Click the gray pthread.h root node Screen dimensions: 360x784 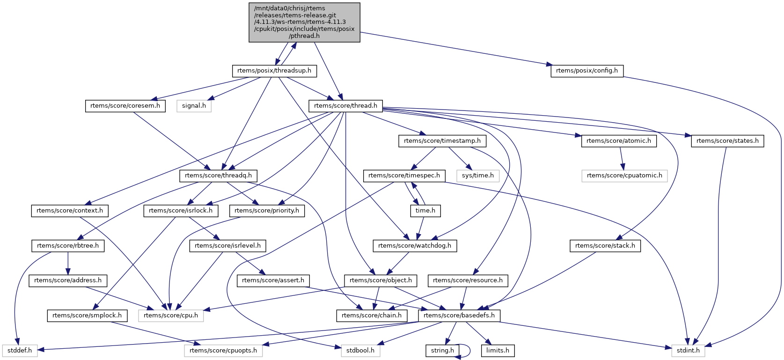pyautogui.click(x=304, y=22)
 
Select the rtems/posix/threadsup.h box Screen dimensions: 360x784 pyautogui.click(x=274, y=71)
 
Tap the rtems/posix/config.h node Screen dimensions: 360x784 pyautogui.click(x=587, y=71)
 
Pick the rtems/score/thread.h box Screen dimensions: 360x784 pyautogui.click(x=345, y=106)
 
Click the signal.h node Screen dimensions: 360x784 pyautogui.click(x=194, y=106)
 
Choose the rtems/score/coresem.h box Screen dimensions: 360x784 pyautogui.click(x=125, y=106)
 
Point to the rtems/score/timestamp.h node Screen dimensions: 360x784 pyautogui.click(x=442, y=140)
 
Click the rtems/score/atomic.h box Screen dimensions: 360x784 pyautogui.click(x=618, y=140)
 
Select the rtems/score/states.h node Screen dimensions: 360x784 pyautogui.click(x=727, y=140)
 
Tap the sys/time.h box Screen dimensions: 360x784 pyautogui.click(x=477, y=176)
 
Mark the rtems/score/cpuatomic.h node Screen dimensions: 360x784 pyautogui.click(x=624, y=176)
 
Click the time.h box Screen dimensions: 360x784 pyautogui.click(x=425, y=211)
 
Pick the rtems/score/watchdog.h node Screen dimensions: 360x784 pyautogui.click(x=415, y=245)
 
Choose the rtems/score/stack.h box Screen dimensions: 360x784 pyautogui.click(x=605, y=245)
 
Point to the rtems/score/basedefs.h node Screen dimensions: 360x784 pyautogui.click(x=459, y=315)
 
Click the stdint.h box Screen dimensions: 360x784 pyautogui.click(x=688, y=350)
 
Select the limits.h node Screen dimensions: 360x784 pyautogui.click(x=498, y=350)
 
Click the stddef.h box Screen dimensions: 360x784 pyautogui.click(x=20, y=350)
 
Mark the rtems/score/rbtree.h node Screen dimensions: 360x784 pyautogui.click(x=68, y=245)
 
